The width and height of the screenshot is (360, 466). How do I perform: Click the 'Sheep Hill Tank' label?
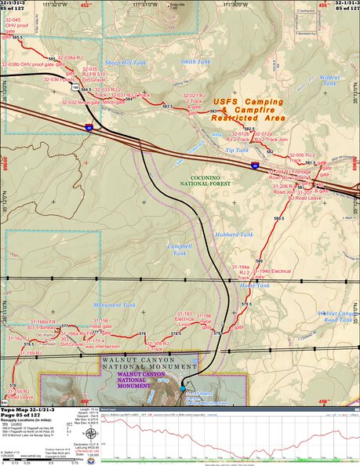click(125, 61)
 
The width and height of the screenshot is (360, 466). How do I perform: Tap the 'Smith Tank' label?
click(195, 61)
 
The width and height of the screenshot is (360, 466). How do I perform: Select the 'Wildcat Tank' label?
click(330, 79)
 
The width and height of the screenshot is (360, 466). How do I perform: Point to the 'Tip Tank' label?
click(236, 149)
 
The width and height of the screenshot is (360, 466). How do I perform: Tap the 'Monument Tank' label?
click(115, 304)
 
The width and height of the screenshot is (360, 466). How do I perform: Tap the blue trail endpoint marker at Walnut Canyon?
click(182, 389)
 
